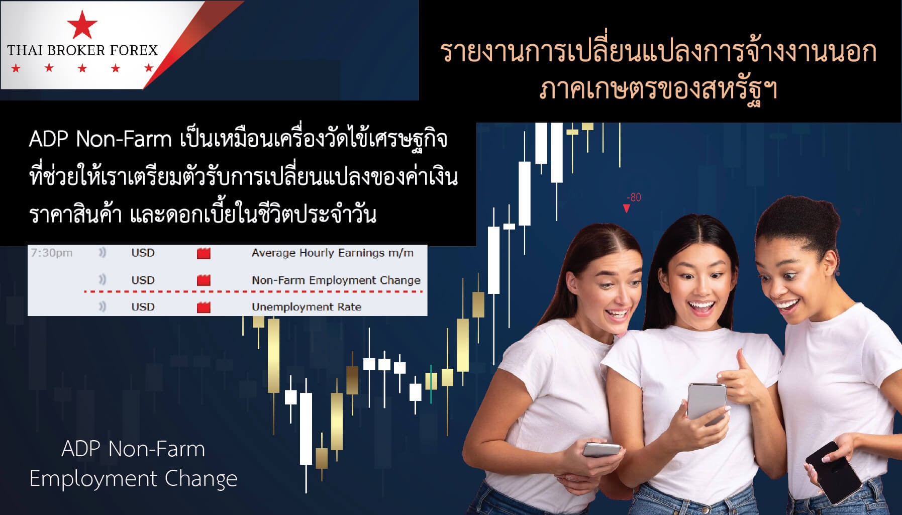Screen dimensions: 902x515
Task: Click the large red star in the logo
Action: click(x=82, y=25)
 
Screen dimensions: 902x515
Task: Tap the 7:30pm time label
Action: click(x=52, y=253)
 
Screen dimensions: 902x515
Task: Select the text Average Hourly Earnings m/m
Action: click(x=333, y=253)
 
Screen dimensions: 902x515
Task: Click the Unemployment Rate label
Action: click(x=307, y=306)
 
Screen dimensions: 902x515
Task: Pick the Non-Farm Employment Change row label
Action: click(x=336, y=280)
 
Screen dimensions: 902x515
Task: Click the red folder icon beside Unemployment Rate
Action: click(x=204, y=307)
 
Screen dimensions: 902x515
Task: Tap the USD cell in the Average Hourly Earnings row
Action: click(x=143, y=253)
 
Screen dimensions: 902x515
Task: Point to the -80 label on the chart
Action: click(x=634, y=197)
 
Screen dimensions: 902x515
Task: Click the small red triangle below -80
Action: click(x=626, y=209)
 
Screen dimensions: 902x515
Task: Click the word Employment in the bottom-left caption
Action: click(x=93, y=479)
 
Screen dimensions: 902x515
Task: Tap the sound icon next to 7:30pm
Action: click(x=103, y=253)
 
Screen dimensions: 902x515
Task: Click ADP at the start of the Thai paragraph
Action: click(x=49, y=139)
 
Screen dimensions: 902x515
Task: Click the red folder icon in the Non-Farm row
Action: click(x=204, y=280)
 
